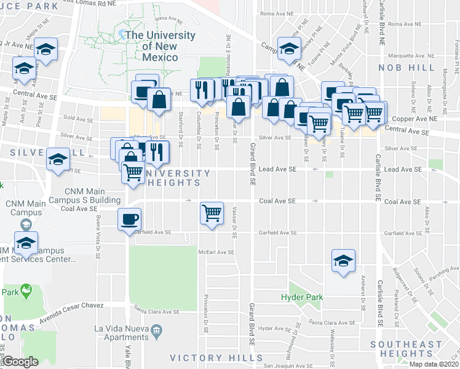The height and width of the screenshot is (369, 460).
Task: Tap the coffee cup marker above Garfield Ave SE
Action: [129, 219]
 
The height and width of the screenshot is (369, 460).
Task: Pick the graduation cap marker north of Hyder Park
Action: [343, 260]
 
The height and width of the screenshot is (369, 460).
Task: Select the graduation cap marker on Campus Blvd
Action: [288, 48]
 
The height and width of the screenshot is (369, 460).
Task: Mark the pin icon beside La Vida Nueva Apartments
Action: [156, 333]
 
